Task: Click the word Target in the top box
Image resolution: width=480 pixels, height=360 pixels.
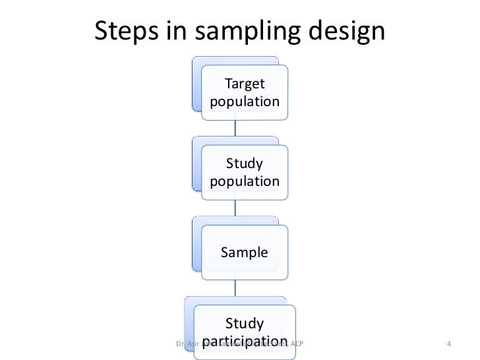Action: click(245, 84)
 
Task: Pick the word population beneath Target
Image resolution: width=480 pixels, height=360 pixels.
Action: click(245, 102)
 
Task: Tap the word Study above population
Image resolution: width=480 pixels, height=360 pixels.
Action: click(245, 164)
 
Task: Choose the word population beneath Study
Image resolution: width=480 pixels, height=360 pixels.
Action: click(245, 181)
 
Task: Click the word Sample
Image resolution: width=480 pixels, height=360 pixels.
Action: click(245, 252)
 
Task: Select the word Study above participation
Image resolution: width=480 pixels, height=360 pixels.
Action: click(245, 323)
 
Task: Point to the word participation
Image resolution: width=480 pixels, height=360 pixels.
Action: click(245, 341)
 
